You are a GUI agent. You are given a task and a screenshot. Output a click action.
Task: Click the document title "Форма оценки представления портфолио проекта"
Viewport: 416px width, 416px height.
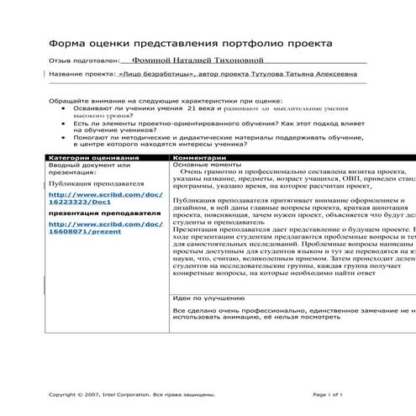click(x=191, y=41)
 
